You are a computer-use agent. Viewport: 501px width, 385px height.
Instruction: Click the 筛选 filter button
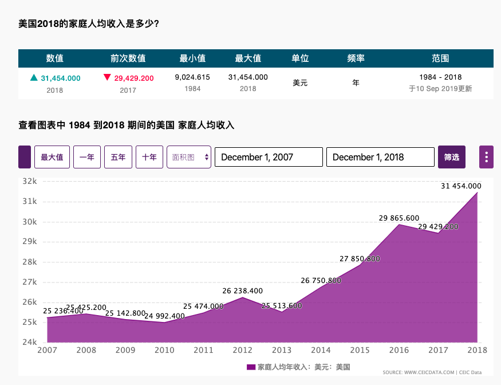click(452, 157)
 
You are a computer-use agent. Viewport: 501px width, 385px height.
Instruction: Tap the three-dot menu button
click(486, 157)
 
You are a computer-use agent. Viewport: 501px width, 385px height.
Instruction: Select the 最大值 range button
click(52, 157)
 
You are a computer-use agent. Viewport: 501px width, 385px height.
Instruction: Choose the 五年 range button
click(118, 157)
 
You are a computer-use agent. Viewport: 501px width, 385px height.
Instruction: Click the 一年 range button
click(87, 157)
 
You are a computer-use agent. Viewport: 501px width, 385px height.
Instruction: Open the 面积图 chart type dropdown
click(189, 157)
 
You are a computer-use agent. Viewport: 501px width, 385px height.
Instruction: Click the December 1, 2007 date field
click(269, 157)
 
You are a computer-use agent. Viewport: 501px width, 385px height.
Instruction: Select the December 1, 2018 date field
click(380, 157)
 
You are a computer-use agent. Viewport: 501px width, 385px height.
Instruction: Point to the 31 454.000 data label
click(461, 186)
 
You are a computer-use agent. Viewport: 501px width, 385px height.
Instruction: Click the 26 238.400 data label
click(243, 291)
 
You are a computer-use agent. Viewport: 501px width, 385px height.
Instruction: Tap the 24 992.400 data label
click(164, 316)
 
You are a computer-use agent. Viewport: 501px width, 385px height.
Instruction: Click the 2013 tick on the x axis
click(282, 350)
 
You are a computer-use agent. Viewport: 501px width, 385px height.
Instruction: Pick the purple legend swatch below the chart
click(251, 367)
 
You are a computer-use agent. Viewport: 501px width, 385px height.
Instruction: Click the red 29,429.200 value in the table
click(134, 78)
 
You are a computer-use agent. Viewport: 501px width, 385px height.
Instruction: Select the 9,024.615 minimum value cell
click(192, 77)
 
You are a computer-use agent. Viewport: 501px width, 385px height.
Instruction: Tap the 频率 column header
click(356, 58)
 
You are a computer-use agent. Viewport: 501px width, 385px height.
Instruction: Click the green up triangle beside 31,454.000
click(34, 78)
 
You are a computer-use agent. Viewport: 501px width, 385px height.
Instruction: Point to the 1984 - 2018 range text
click(440, 77)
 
